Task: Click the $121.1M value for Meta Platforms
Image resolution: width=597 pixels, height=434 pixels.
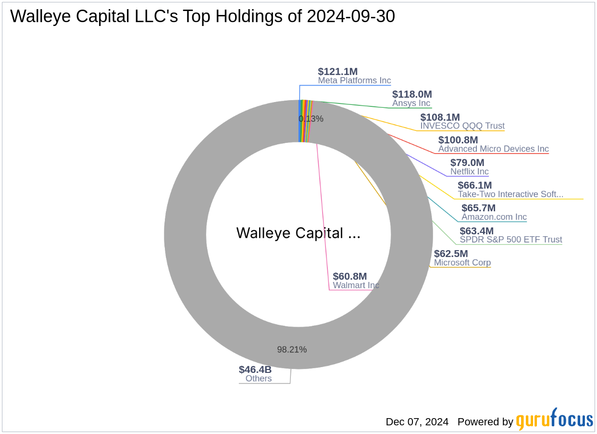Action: [x=337, y=72]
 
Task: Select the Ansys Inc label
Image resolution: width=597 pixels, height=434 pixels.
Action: [x=411, y=103]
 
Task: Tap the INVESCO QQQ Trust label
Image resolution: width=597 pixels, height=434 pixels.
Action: [x=462, y=126]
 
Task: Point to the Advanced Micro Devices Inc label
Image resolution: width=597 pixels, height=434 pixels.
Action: [x=493, y=149]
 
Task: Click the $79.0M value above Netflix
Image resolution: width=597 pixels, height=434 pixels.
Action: [x=467, y=163]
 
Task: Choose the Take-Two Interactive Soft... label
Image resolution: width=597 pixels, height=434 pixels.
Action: [x=510, y=194]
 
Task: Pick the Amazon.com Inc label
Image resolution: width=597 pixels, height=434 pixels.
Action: [x=494, y=217]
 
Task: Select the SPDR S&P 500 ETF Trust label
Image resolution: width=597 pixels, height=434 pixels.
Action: [x=511, y=240]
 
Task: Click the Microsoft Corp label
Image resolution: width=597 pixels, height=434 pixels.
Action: [x=462, y=263]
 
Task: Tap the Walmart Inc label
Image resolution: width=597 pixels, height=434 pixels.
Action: [x=356, y=285]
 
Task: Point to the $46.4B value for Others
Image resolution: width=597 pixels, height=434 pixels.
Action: [x=255, y=370]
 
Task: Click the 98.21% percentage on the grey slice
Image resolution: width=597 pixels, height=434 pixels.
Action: [x=292, y=350]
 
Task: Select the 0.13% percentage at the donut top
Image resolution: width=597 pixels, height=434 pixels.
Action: [x=311, y=119]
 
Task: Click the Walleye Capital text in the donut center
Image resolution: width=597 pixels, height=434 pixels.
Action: [x=298, y=233]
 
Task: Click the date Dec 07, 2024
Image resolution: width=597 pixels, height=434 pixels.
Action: [x=417, y=422]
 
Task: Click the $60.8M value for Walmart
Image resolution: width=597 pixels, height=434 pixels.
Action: [x=350, y=276]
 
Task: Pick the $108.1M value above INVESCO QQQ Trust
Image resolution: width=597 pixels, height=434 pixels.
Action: [x=440, y=117]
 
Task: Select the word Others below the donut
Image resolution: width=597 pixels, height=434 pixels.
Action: [x=259, y=379]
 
